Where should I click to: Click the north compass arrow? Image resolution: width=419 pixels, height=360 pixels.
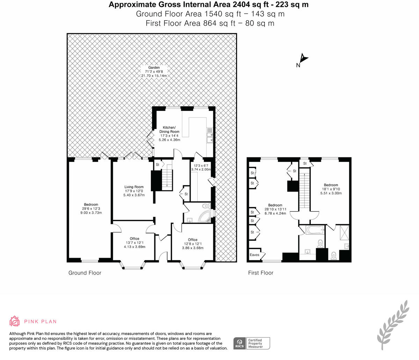(x=303, y=58)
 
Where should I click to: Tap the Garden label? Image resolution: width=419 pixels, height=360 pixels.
(x=154, y=67)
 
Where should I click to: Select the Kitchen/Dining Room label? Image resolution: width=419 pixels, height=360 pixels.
(x=169, y=129)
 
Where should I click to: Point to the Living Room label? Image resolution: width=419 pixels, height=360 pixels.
(x=134, y=187)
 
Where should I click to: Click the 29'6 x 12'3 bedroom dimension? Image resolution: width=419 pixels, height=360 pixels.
(x=91, y=209)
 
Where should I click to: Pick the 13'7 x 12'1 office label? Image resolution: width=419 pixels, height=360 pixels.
(x=134, y=242)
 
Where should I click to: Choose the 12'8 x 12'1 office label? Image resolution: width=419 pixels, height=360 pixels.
(x=193, y=244)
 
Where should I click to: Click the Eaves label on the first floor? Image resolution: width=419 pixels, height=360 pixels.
(x=254, y=255)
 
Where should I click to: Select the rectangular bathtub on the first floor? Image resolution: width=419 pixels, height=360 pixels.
(x=315, y=230)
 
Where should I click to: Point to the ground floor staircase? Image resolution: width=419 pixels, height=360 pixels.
(x=167, y=180)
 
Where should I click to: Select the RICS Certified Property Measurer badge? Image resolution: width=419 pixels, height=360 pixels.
(x=251, y=343)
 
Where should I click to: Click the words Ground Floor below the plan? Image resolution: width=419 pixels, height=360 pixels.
(x=85, y=273)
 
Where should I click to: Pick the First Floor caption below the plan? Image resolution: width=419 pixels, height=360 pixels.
(x=261, y=273)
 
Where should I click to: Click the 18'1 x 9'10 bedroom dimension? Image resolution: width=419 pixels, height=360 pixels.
(x=331, y=189)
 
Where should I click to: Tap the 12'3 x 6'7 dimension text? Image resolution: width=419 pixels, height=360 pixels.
(x=201, y=165)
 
